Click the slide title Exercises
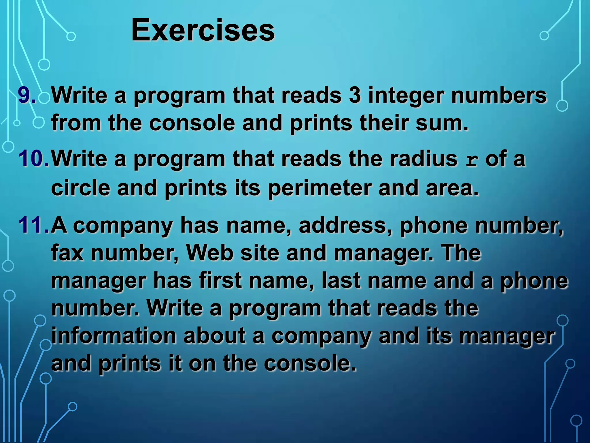click(x=203, y=30)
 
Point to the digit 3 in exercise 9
click(x=355, y=95)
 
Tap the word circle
click(x=81, y=187)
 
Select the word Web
click(x=210, y=253)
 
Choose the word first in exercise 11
click(x=220, y=280)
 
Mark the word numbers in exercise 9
click(x=499, y=95)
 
